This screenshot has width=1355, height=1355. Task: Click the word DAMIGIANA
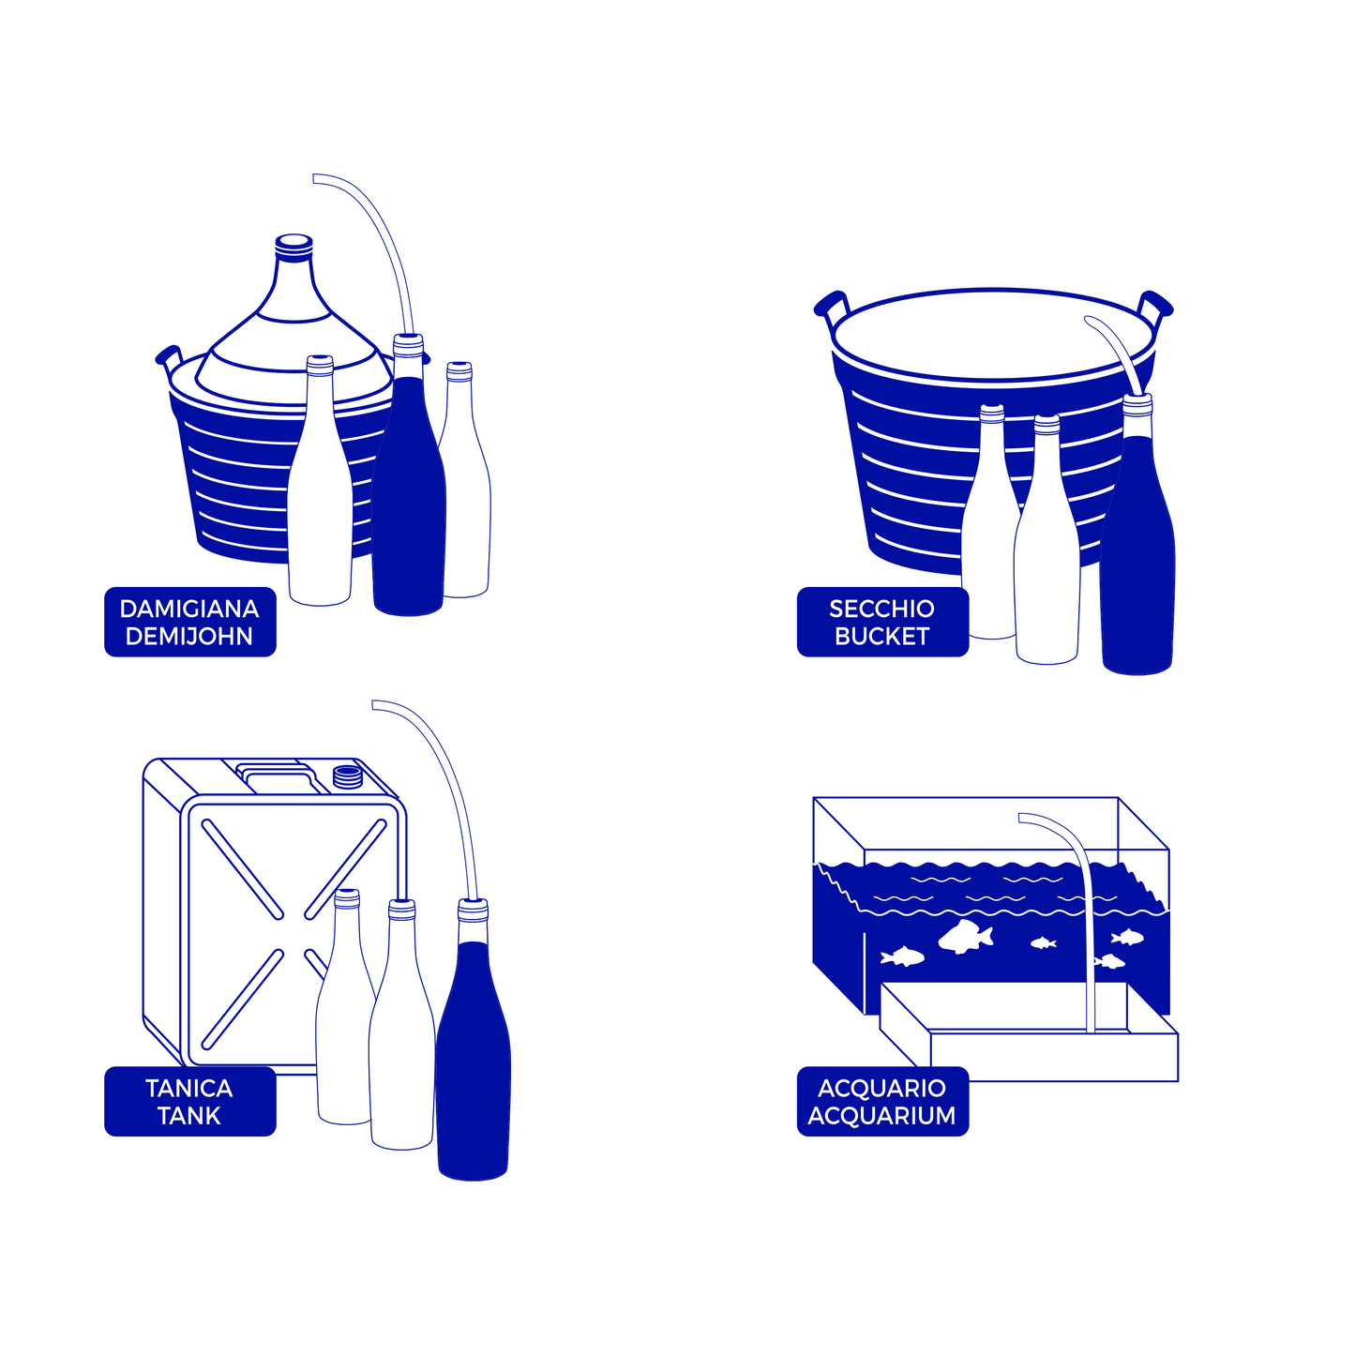pyautogui.click(x=189, y=609)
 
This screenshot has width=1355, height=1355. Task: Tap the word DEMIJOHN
pyautogui.click(x=189, y=637)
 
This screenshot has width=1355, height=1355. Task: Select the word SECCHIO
pyautogui.click(x=881, y=609)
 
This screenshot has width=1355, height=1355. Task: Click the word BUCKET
pyautogui.click(x=881, y=637)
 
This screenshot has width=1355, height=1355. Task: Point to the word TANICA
pyautogui.click(x=189, y=1089)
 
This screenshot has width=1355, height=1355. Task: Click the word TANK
pyautogui.click(x=189, y=1116)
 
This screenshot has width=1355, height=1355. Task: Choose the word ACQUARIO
pyautogui.click(x=881, y=1089)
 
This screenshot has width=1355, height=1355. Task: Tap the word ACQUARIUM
pyautogui.click(x=881, y=1116)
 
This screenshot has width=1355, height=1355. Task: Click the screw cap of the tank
pyautogui.click(x=347, y=776)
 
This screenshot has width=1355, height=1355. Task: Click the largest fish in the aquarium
pyautogui.click(x=966, y=938)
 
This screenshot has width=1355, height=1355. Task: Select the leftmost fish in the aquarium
pyautogui.click(x=902, y=956)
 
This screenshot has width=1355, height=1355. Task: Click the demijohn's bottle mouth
pyautogui.click(x=294, y=243)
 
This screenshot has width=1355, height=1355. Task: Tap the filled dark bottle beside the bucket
pyautogui.click(x=1137, y=534)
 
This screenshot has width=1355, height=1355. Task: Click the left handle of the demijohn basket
pyautogui.click(x=170, y=361)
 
